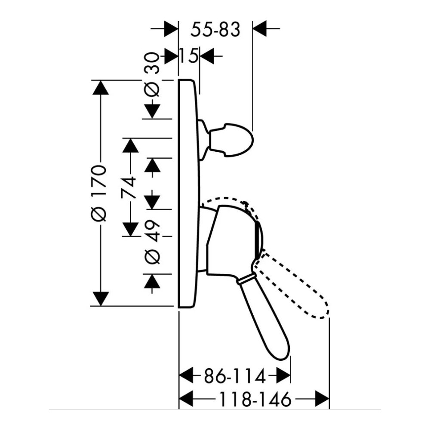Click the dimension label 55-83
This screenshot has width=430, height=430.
(215, 30)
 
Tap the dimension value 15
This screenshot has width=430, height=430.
(188, 55)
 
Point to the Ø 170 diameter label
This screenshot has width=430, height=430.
(100, 193)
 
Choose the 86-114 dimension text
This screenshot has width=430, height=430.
(234, 377)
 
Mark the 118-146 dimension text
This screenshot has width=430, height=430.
(253, 400)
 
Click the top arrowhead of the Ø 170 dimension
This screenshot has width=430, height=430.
(101, 88)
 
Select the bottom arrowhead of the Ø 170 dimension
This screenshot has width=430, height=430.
(101, 298)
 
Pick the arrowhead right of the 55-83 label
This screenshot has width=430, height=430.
(260, 30)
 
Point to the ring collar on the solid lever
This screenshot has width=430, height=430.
(245, 280)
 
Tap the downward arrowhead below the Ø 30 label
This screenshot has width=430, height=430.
(153, 111)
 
